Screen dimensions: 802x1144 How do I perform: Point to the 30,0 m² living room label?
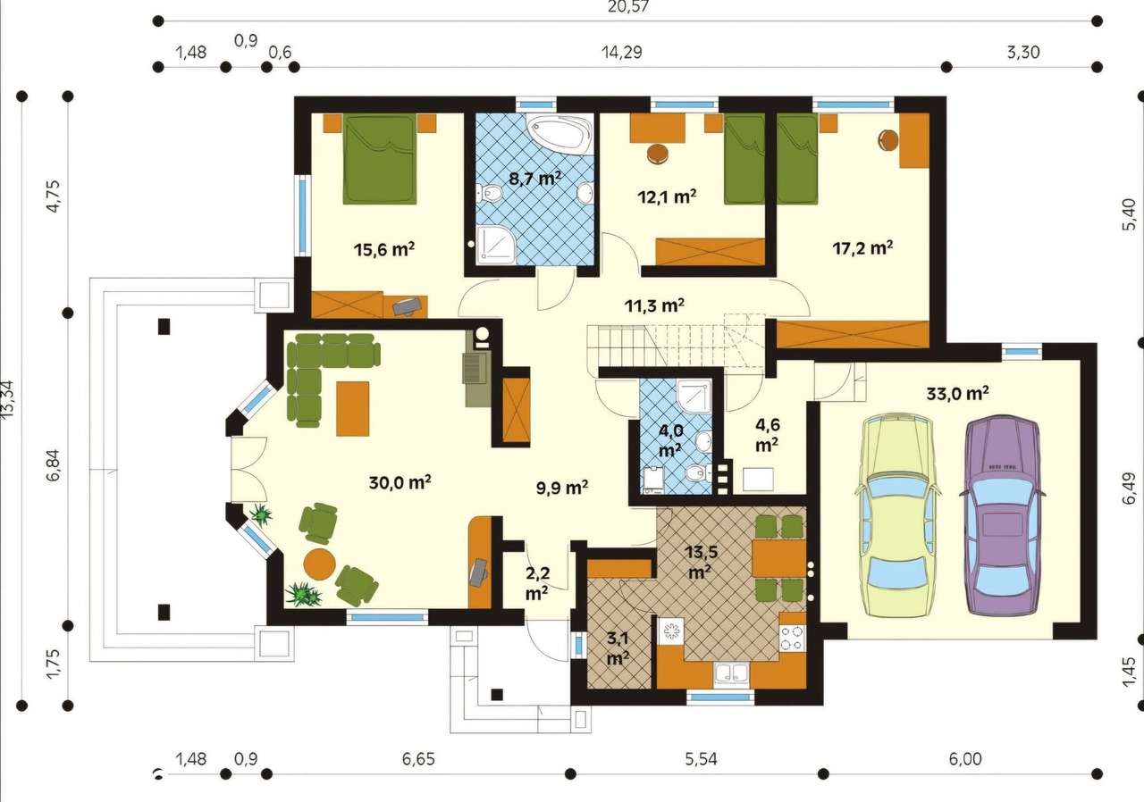coord(400,483)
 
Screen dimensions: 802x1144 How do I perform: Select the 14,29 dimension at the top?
coord(621,52)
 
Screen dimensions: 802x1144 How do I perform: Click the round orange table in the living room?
coord(318,564)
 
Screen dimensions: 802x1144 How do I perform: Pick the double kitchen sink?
coord(730,674)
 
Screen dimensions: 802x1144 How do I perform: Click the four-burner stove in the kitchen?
coord(792,638)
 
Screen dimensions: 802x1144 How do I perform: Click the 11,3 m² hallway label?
coord(654,305)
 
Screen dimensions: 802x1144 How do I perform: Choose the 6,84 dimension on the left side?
coord(55,464)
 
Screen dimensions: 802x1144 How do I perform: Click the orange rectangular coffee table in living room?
coord(353,408)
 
